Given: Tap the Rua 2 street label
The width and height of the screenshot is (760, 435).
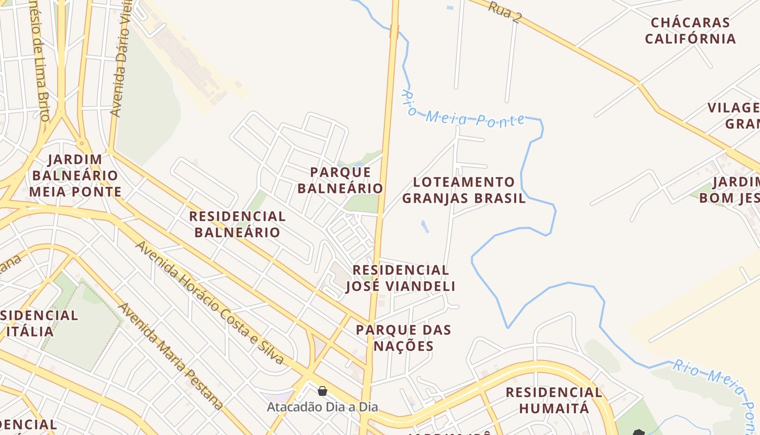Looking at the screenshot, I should click(x=504, y=11).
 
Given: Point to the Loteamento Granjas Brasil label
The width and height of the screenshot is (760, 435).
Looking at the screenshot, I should click(x=464, y=190).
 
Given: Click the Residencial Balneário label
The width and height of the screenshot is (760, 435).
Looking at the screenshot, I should click(x=237, y=224).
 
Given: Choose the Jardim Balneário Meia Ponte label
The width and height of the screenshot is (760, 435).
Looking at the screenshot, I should click(x=75, y=176).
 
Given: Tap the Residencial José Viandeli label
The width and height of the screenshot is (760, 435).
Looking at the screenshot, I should click(x=401, y=278).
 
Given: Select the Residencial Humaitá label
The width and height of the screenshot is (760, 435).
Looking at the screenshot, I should click(x=554, y=400).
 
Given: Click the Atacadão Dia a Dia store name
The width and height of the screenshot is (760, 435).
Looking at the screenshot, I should click(x=322, y=407).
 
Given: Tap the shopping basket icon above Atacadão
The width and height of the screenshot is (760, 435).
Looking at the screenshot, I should click(x=322, y=391).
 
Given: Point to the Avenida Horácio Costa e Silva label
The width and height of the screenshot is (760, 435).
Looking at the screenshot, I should click(x=210, y=303).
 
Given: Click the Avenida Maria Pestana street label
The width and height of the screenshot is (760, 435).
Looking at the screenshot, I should click(x=170, y=356).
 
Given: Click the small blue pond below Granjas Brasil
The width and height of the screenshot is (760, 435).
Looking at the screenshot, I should click(x=425, y=226).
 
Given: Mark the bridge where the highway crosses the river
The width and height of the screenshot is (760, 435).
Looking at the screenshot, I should click(x=394, y=32).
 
